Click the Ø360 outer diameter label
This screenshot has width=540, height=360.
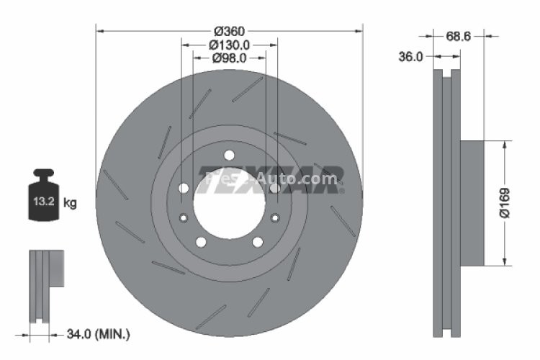point(229,31)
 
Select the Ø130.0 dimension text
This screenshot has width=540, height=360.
point(229,45)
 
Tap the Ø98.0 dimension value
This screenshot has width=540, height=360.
point(229,58)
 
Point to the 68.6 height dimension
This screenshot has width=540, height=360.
point(458,35)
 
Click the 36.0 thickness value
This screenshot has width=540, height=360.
point(410,56)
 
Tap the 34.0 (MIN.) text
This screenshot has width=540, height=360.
point(98,333)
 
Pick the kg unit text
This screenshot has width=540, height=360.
point(70,203)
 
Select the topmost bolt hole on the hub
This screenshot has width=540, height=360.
point(229,155)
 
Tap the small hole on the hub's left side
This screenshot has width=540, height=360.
point(184,218)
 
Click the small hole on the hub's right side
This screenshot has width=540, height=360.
point(274,218)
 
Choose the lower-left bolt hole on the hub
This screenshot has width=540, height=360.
point(201,242)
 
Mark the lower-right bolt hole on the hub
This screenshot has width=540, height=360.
point(257,242)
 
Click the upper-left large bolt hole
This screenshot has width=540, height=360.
point(184,189)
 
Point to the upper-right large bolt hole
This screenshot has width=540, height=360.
point(274,189)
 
